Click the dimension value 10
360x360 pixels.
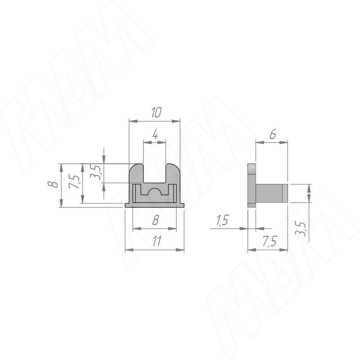tap(156, 112)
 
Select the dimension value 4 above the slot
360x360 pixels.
tap(155, 134)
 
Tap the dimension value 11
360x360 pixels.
tap(157, 241)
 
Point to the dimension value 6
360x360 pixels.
tap(273, 134)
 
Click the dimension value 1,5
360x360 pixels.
tap(222, 220)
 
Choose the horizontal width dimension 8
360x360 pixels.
tap(156, 220)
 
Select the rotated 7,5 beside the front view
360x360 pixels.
tap(74, 181)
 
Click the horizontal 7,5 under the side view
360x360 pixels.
tap(270, 241)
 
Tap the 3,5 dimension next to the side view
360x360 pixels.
tap(300, 229)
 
